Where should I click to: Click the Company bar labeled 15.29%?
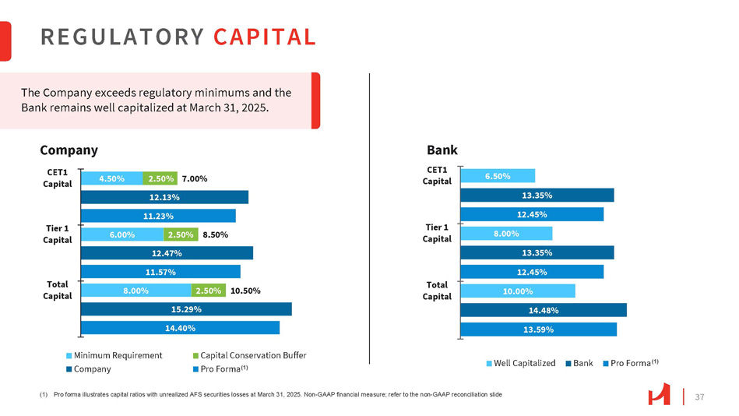(x=186, y=309)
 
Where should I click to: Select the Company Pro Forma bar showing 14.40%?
(x=180, y=328)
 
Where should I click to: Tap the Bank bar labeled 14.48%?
(x=544, y=310)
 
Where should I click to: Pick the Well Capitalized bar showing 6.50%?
(x=498, y=177)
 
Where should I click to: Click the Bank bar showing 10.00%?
(x=518, y=291)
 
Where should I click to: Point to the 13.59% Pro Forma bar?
(x=538, y=330)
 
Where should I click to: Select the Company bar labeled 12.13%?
(x=164, y=197)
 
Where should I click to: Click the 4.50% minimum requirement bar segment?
(x=112, y=178)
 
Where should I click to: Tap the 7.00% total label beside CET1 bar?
(x=194, y=178)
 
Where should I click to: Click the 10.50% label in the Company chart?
(x=245, y=291)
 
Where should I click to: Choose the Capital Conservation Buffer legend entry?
(x=248, y=355)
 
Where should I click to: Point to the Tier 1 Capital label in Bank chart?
(x=438, y=233)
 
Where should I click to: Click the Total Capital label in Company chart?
(x=58, y=290)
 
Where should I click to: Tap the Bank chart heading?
(x=442, y=150)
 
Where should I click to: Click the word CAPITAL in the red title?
(x=264, y=37)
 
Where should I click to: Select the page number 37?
(x=699, y=397)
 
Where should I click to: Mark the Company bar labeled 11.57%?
(x=160, y=272)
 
